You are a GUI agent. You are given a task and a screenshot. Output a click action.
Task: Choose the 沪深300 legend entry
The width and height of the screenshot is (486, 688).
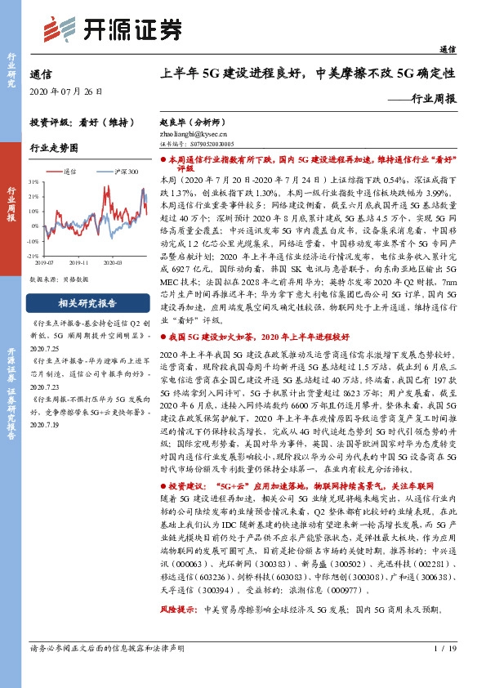[x=123, y=172]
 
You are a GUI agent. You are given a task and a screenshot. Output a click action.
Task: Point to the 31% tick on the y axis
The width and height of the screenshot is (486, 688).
[x=33, y=181]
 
